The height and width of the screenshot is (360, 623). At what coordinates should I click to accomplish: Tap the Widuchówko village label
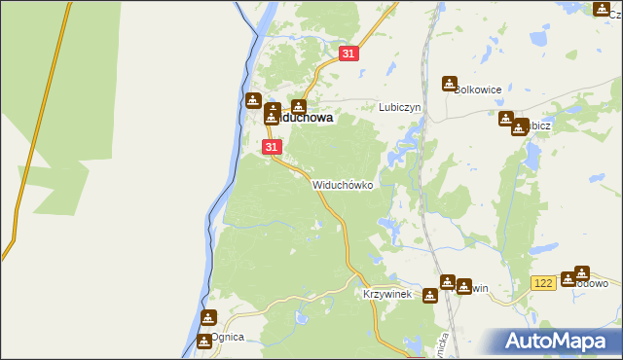pos(343,184)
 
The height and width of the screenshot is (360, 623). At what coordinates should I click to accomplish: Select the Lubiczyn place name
pos(398,107)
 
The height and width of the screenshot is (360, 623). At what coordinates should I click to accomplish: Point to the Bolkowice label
pos(477,90)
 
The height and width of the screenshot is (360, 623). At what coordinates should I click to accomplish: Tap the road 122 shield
pos(544,281)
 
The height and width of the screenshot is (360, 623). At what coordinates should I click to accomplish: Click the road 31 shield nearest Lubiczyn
pos(348,54)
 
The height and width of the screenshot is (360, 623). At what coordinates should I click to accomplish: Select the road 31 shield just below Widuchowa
pos(272,147)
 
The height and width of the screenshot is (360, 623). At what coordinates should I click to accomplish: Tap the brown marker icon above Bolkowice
pos(450,84)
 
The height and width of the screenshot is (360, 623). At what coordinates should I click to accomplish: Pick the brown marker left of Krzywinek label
pos(430,295)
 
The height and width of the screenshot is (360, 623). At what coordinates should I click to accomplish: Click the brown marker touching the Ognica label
pos(203,341)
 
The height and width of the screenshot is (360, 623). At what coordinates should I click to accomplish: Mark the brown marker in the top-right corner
pos(601,9)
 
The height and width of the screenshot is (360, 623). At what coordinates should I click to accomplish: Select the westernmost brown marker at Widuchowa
pos(252,99)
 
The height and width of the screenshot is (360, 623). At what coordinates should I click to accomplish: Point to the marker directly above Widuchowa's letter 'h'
pos(299,107)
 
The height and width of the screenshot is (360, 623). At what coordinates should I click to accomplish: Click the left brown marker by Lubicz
pos(506,119)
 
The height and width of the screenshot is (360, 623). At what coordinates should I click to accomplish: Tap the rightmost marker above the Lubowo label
pos(582,272)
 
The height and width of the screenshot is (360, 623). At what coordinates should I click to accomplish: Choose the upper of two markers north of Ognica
pos(209,317)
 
